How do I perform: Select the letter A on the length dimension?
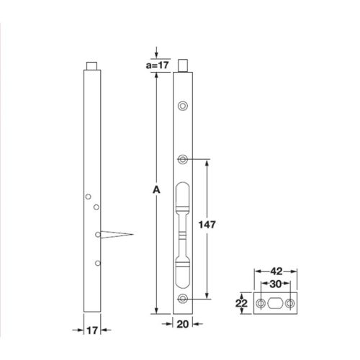156,190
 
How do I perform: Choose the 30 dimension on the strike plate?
276,285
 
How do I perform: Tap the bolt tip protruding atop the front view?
186,66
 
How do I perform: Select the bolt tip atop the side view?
91,66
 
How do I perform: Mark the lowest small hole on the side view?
96,264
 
